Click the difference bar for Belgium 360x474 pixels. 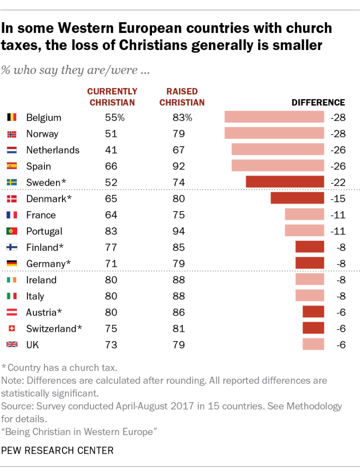[x=274, y=117]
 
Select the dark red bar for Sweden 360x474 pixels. [x=284, y=182]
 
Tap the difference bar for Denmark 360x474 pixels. [x=297, y=199]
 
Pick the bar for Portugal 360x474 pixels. [x=304, y=231]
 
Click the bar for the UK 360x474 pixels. [x=313, y=344]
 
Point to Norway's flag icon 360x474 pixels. [x=12, y=134]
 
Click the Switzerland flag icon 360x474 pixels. [x=12, y=329]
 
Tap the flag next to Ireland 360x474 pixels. [x=12, y=280]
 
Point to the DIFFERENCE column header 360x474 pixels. [x=318, y=103]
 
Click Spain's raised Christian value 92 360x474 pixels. [x=178, y=166]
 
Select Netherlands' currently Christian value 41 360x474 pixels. [x=111, y=150]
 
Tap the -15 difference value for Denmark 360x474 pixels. [x=338, y=199]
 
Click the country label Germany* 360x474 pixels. [x=49, y=263]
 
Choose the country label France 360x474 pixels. [x=41, y=215]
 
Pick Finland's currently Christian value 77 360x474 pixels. [x=111, y=247]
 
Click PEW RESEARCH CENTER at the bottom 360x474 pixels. [x=57, y=450]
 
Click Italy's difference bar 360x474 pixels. [x=309, y=296]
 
